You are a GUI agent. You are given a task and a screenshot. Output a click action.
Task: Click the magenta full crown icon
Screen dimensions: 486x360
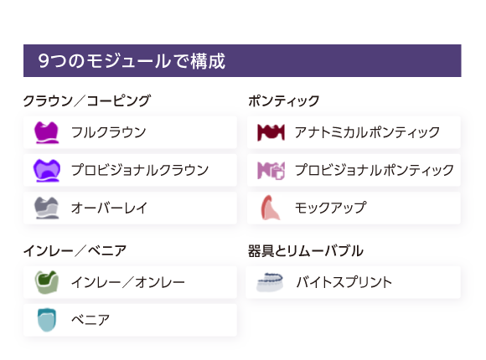[46, 132]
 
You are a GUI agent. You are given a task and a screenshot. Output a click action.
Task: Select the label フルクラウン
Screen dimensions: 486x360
[108, 132]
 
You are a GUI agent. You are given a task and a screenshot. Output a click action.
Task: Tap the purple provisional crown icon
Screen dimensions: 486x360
[46, 171]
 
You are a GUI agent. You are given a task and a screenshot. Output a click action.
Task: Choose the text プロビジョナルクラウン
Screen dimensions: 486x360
[140, 170]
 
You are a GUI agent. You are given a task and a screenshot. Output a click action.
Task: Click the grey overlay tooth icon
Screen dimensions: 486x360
[46, 208]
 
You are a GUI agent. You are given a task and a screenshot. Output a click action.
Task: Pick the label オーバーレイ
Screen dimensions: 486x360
[109, 208]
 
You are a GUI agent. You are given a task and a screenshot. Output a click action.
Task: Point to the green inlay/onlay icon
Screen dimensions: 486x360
[46, 282]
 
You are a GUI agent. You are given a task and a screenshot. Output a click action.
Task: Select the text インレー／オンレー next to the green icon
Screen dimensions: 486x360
[128, 282]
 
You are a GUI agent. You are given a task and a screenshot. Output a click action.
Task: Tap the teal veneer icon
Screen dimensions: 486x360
[46, 320]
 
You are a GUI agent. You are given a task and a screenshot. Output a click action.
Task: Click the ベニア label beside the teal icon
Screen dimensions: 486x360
[90, 320]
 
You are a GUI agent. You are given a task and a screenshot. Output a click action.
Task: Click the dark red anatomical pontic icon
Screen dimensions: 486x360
[271, 132]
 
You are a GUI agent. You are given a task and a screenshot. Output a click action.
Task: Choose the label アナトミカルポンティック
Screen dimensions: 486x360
[367, 132]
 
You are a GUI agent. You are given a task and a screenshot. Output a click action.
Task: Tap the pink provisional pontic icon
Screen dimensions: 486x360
[271, 171]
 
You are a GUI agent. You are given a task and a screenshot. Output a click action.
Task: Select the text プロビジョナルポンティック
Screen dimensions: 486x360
[375, 170]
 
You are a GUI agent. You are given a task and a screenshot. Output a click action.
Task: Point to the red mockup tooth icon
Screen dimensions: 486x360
[271, 208]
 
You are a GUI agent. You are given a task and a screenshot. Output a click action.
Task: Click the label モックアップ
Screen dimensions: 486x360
[331, 208]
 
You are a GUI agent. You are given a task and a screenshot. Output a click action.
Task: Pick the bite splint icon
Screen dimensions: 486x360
[270, 282]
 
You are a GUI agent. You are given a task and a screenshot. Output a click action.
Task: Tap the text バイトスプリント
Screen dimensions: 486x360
[344, 282]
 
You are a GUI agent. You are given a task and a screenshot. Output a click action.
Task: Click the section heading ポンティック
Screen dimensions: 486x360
[283, 101]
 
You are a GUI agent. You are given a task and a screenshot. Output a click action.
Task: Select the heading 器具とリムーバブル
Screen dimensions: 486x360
[306, 251]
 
